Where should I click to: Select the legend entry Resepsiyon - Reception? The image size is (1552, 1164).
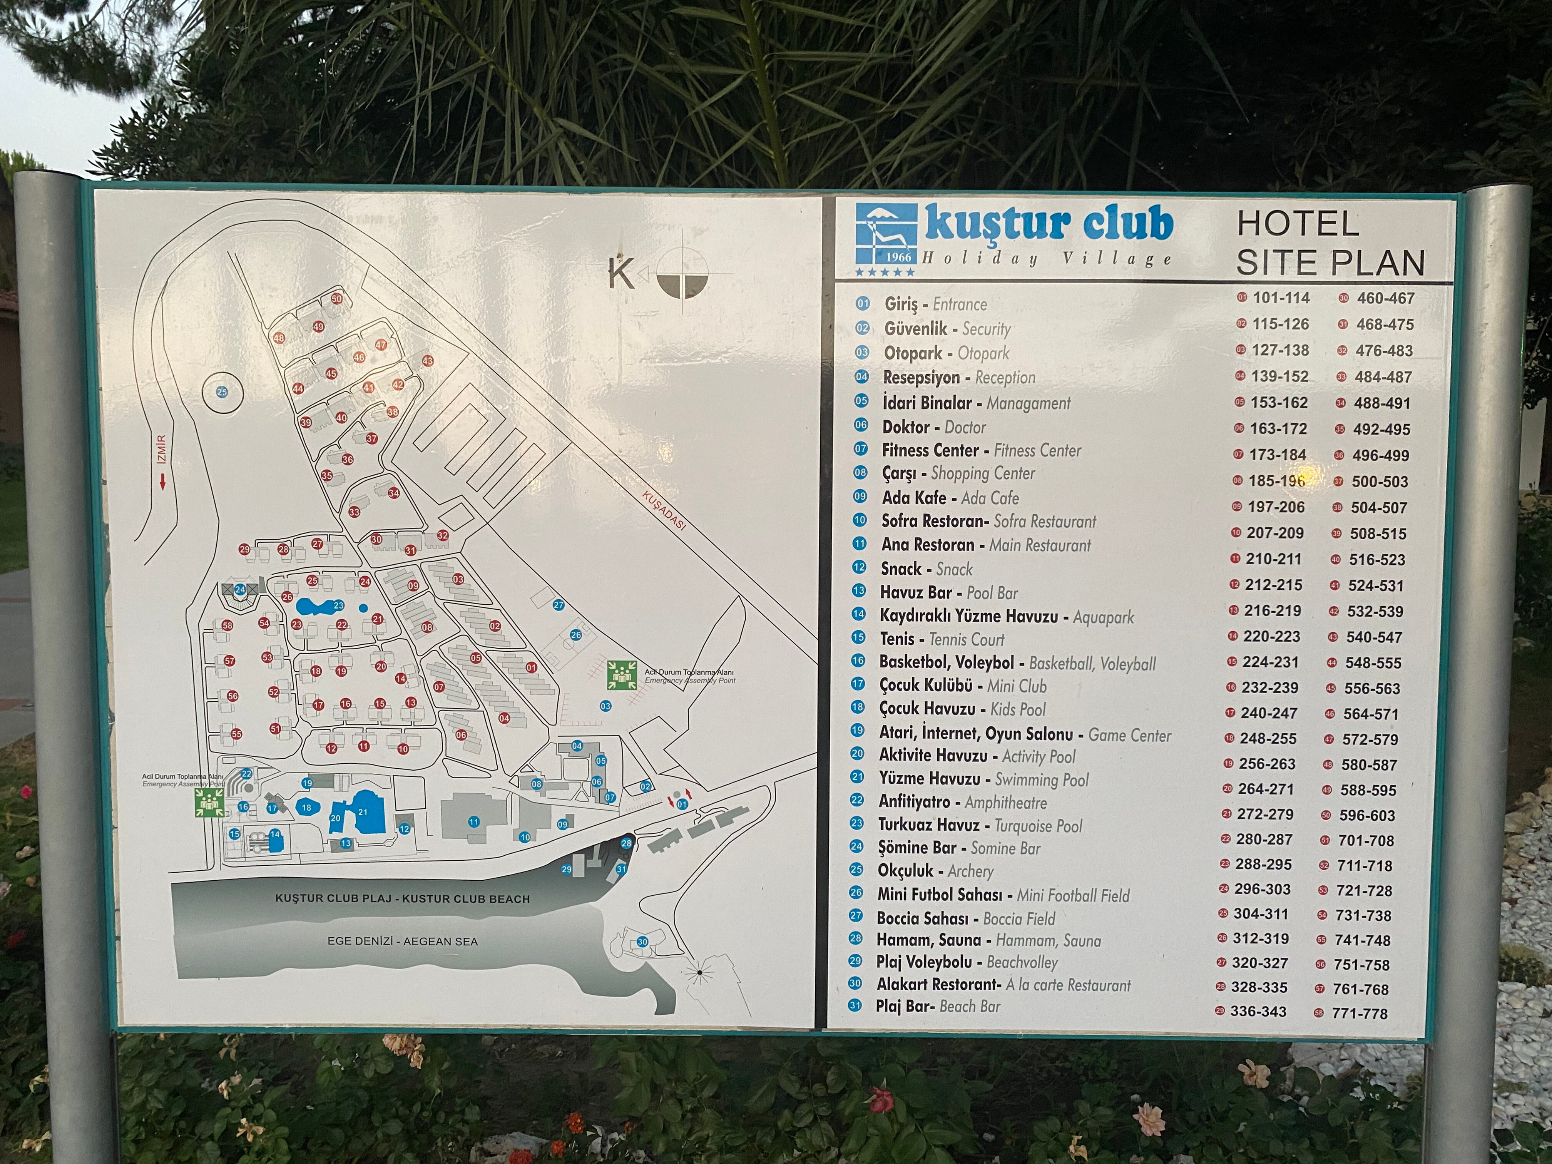pyautogui.click(x=958, y=378)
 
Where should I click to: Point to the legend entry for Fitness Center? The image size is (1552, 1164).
pyautogui.click(x=981, y=450)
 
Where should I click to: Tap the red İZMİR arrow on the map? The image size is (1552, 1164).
pyautogui.click(x=162, y=481)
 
